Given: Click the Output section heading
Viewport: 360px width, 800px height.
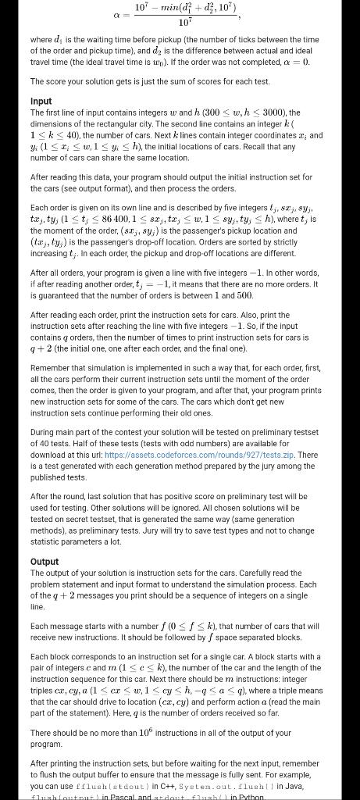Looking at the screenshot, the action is click(44, 562).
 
